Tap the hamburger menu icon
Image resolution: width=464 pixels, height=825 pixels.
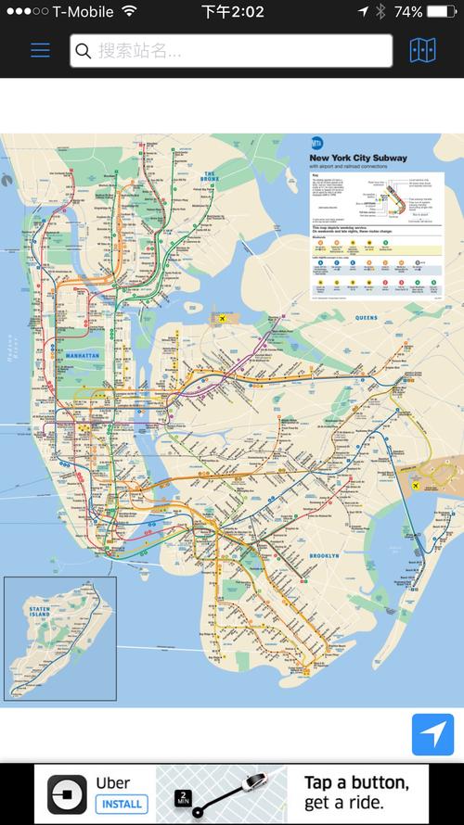click(x=40, y=50)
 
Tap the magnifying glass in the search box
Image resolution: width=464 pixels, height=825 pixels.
click(x=84, y=51)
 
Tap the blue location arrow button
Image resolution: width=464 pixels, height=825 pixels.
click(x=432, y=734)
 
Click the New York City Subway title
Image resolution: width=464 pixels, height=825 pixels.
click(x=358, y=159)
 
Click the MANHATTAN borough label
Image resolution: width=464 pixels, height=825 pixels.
click(x=84, y=355)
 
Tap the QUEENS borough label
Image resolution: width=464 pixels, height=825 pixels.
click(x=367, y=318)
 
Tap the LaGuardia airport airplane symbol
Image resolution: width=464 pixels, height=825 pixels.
click(x=223, y=320)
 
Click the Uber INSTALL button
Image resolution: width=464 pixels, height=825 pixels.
click(x=121, y=803)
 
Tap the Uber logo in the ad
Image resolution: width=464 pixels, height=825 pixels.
click(x=67, y=793)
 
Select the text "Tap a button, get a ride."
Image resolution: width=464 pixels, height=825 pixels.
click(x=356, y=793)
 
